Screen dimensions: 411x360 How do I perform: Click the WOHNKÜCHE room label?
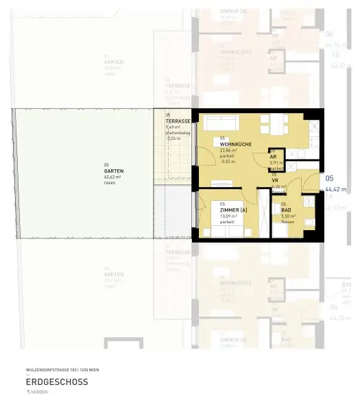click(x=235, y=144)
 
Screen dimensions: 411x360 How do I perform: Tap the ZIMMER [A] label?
click(x=235, y=210)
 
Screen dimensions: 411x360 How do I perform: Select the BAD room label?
click(x=287, y=210)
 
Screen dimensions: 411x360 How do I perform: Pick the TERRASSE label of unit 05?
click(x=178, y=121)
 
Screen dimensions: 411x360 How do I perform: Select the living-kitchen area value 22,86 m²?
click(x=230, y=150)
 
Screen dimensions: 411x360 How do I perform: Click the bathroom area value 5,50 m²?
click(x=287, y=216)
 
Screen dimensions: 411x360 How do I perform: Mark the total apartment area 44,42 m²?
click(x=335, y=190)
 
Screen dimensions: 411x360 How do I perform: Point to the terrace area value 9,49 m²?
click(x=173, y=127)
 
